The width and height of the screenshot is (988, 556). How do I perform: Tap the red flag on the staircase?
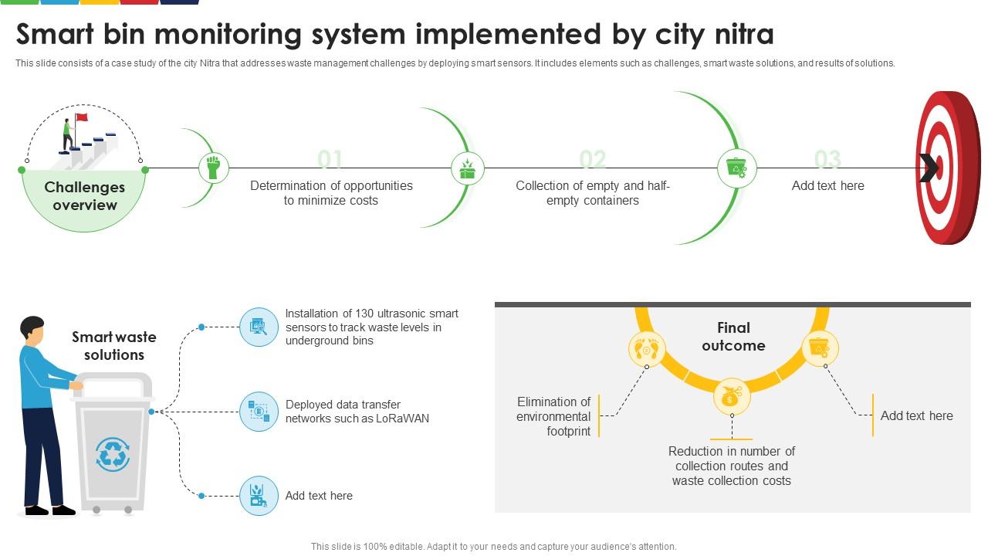(81, 117)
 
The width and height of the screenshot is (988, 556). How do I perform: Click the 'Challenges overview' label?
(84, 196)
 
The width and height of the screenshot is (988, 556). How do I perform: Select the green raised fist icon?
(214, 168)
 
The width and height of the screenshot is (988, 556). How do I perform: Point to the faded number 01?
(330, 160)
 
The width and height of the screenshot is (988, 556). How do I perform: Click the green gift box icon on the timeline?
(467, 168)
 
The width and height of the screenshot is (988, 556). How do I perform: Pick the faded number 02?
(593, 160)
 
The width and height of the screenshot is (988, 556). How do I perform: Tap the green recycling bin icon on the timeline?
(737, 168)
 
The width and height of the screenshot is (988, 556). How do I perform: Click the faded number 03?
(827, 160)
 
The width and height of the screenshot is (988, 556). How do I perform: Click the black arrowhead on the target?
(929, 168)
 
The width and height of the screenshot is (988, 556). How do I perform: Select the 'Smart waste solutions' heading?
(114, 346)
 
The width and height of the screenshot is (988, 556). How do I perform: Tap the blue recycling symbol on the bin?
(113, 454)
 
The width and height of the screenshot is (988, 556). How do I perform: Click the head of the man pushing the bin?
(32, 329)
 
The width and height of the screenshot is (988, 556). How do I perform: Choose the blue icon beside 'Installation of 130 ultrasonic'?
(259, 327)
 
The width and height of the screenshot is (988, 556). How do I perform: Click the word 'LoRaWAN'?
(402, 419)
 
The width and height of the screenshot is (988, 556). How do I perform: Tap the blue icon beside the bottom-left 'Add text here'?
(259, 496)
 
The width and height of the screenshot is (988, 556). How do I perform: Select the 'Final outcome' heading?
(733, 337)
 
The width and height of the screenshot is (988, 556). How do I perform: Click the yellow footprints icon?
(647, 350)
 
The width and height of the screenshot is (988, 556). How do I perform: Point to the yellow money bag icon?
(731, 397)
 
